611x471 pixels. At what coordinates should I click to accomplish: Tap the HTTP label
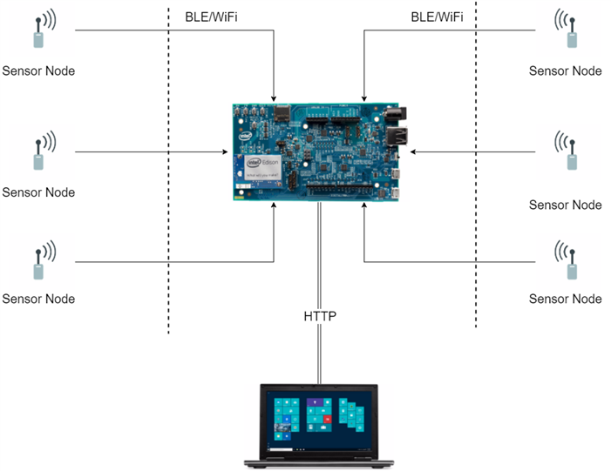[320, 317]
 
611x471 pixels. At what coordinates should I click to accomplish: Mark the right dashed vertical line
[476, 174]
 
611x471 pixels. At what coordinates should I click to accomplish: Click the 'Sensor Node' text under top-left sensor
[38, 71]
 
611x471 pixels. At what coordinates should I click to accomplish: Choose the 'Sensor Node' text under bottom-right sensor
[565, 299]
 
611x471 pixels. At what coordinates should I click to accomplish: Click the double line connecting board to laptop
[320, 261]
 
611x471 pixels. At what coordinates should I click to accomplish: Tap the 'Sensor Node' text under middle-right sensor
[565, 205]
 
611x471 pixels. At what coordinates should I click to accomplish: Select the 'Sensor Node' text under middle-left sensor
[38, 192]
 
